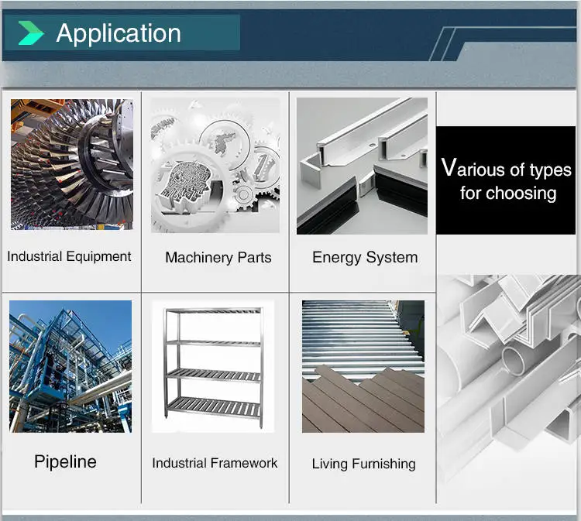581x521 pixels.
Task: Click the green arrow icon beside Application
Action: (31, 33)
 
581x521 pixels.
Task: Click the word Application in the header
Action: (119, 33)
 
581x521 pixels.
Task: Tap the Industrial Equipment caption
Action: (69, 256)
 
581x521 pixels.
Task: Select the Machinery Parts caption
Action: (218, 258)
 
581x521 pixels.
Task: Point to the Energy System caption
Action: (364, 257)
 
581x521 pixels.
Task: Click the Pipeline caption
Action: (65, 462)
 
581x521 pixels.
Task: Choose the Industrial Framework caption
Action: (215, 463)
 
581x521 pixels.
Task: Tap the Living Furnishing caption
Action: (363, 464)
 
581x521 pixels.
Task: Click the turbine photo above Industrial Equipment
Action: (71, 164)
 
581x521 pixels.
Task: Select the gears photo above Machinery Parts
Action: (215, 165)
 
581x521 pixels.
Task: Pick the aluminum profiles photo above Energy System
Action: (362, 166)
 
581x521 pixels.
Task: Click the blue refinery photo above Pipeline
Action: (70, 366)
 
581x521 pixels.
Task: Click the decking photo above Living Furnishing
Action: (363, 366)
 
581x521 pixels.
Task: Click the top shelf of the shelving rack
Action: (215, 311)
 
